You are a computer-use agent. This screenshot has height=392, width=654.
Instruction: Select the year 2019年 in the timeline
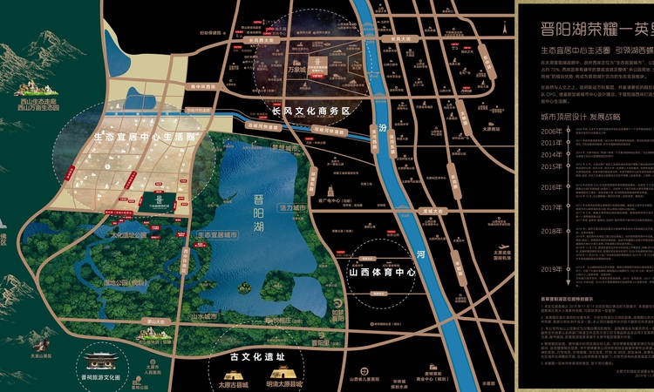pos(576,269)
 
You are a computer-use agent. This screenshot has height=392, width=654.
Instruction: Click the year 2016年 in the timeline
pos(576,187)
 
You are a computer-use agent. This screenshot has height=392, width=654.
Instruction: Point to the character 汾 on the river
pos(380,130)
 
